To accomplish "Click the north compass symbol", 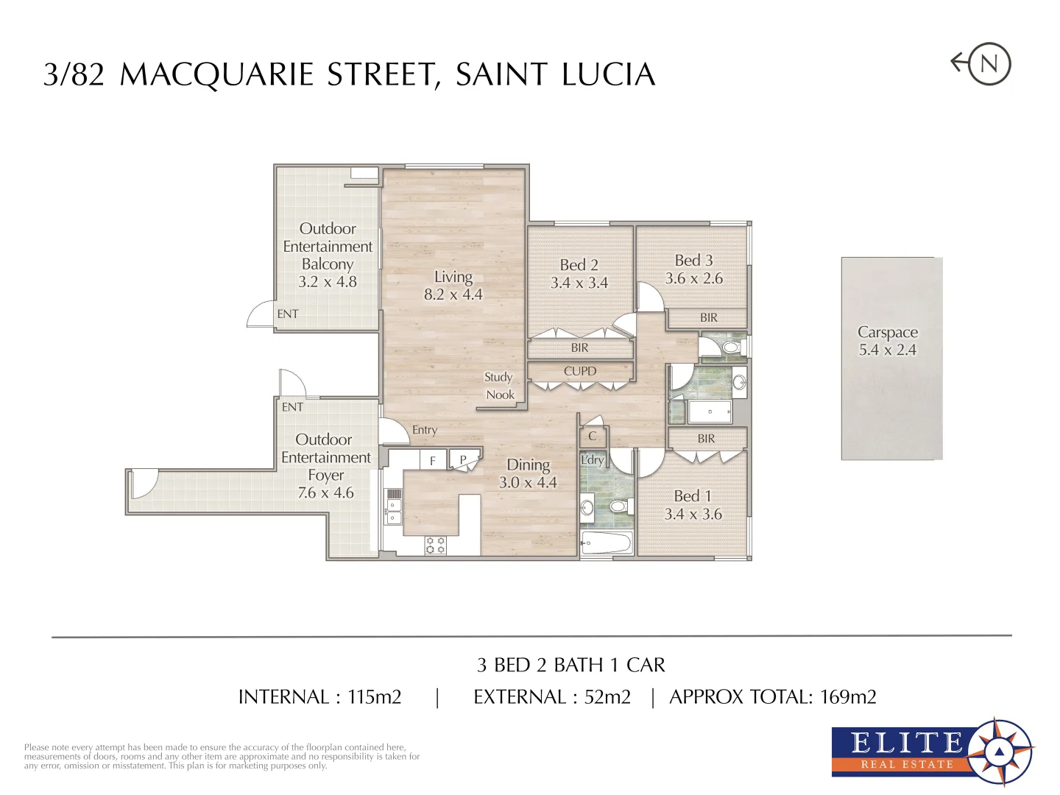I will tap(988, 63).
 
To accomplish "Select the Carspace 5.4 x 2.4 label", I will tap(887, 342).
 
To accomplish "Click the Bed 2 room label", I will tap(579, 265).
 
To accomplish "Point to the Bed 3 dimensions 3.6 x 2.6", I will tap(693, 279).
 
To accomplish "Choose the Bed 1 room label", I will tap(692, 496).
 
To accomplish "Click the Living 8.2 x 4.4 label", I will tap(453, 286).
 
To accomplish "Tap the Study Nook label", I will tap(499, 386).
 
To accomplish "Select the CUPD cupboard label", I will tap(580, 371).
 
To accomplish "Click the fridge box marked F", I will tap(433, 461).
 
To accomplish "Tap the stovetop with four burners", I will tap(435, 545).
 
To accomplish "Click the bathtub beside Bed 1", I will tap(606, 544).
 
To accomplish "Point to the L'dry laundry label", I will tap(592, 460).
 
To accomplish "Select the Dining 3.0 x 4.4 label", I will tap(528, 473).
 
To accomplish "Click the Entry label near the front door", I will tap(425, 430).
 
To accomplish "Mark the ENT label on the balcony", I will tap(288, 314).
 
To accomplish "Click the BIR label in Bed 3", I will tap(708, 318).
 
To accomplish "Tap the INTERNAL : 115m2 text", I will tap(319, 697).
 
